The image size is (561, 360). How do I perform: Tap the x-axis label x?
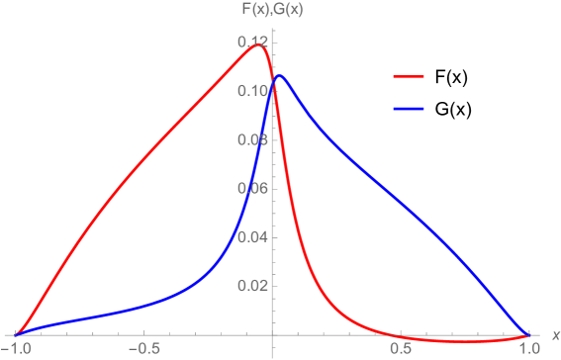(555, 335)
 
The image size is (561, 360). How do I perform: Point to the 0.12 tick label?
(252, 43)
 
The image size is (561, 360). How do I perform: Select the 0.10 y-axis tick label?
(252, 91)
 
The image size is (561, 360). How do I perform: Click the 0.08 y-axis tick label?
(252, 139)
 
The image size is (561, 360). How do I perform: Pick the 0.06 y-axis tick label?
(252, 189)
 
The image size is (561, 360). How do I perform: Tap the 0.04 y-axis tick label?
(252, 237)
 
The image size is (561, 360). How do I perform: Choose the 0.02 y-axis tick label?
(252, 286)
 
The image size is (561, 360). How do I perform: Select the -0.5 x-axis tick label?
(144, 349)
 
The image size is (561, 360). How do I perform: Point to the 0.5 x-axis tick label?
(401, 349)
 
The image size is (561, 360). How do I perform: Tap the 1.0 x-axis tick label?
(528, 349)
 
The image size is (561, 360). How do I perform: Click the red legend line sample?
(409, 76)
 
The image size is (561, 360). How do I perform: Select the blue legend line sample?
(409, 107)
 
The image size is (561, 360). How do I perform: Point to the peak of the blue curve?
(280, 75)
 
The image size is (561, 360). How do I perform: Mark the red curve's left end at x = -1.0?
(16, 335)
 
